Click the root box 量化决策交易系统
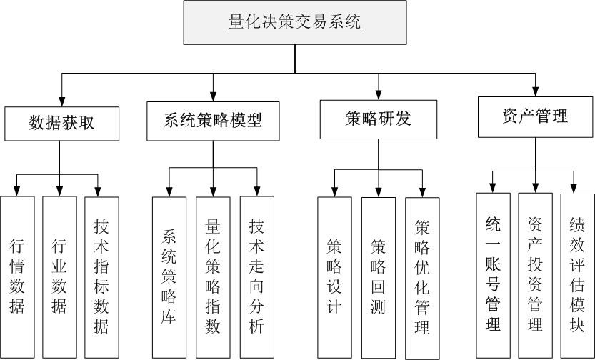pyautogui.click(x=295, y=23)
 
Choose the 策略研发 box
pyautogui.click(x=378, y=119)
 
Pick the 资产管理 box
pyautogui.click(x=535, y=116)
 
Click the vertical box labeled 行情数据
pyautogui.click(x=17, y=277)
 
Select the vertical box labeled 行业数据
pyautogui.click(x=59, y=277)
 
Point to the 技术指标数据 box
pyautogui.click(x=101, y=277)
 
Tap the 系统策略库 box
pyautogui.click(x=169, y=277)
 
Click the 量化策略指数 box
pyautogui.click(x=213, y=277)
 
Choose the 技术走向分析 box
pyautogui.click(x=256, y=277)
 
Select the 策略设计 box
pyautogui.click(x=334, y=277)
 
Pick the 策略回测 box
pyautogui.click(x=378, y=277)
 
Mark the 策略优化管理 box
pyautogui.click(x=422, y=277)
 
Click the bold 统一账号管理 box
pyautogui.click(x=493, y=274)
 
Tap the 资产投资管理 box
pyautogui.click(x=535, y=274)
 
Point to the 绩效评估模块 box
pyautogui.click(x=577, y=274)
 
